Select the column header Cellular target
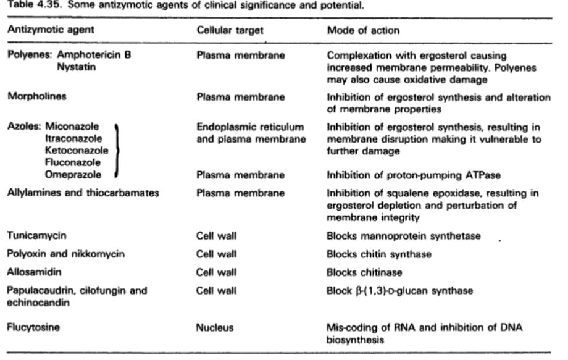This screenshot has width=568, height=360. tap(230, 30)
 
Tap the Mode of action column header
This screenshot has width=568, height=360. tap(363, 30)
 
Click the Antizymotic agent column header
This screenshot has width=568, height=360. tap(51, 30)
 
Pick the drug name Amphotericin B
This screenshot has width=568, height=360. tap(94, 55)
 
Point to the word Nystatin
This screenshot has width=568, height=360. tap(77, 67)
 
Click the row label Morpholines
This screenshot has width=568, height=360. tap(37, 96)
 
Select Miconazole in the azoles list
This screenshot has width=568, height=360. tap(72, 127)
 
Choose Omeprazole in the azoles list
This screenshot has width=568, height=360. tap(73, 175)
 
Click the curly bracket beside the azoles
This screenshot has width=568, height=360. tap(117, 150)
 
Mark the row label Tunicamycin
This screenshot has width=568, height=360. tap(36, 235)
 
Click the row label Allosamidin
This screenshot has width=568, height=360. tap(34, 272)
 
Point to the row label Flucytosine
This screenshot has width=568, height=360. tap(33, 327)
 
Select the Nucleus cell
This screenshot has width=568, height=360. tap(215, 328)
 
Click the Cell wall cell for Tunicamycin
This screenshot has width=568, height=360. tap(216, 236)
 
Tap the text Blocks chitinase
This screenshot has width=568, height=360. tap(364, 272)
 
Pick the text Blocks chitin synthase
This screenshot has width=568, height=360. tap(379, 254)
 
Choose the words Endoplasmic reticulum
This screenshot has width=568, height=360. tap(250, 127)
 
